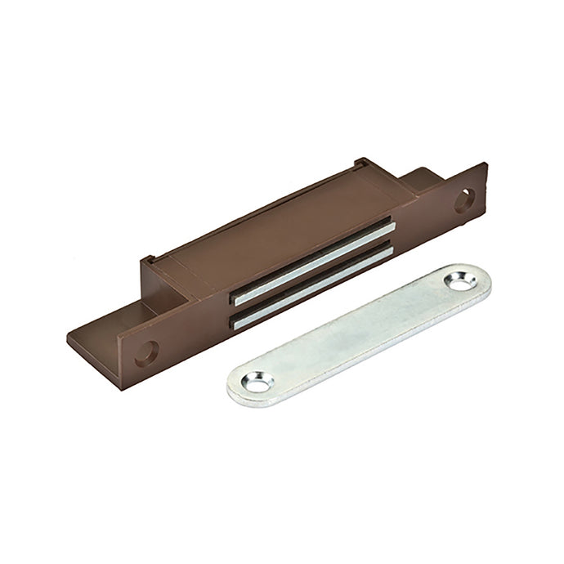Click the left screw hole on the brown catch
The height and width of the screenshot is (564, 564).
(145, 353)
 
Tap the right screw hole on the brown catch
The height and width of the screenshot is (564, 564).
(463, 199)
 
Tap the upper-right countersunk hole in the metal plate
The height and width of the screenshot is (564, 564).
(458, 283)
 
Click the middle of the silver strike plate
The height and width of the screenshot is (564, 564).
(360, 331)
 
